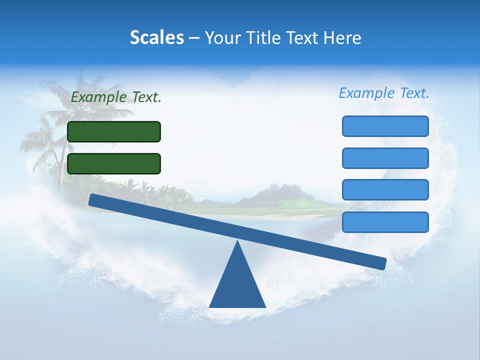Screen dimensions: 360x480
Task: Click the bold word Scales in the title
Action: pyautogui.click(x=156, y=37)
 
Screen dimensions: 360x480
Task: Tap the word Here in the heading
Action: pyautogui.click(x=342, y=37)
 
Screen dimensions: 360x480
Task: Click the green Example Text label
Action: pyautogui.click(x=116, y=97)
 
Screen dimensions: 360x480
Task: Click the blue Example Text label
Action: pyautogui.click(x=384, y=93)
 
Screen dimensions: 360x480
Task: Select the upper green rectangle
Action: pyautogui.click(x=114, y=131)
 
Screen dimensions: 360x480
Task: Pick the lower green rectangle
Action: pyautogui.click(x=114, y=163)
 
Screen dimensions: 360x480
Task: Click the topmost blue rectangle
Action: pyautogui.click(x=385, y=126)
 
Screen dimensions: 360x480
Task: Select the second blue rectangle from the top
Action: pyautogui.click(x=385, y=158)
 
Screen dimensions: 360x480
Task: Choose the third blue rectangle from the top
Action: pyautogui.click(x=385, y=190)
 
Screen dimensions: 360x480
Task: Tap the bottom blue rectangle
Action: pyautogui.click(x=385, y=222)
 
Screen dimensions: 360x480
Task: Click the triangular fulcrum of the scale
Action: pyautogui.click(x=237, y=285)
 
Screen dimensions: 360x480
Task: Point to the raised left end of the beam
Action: pyautogui.click(x=93, y=199)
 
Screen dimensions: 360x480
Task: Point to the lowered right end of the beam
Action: pyautogui.click(x=382, y=263)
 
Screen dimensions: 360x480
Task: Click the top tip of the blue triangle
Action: pyautogui.click(x=237, y=241)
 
